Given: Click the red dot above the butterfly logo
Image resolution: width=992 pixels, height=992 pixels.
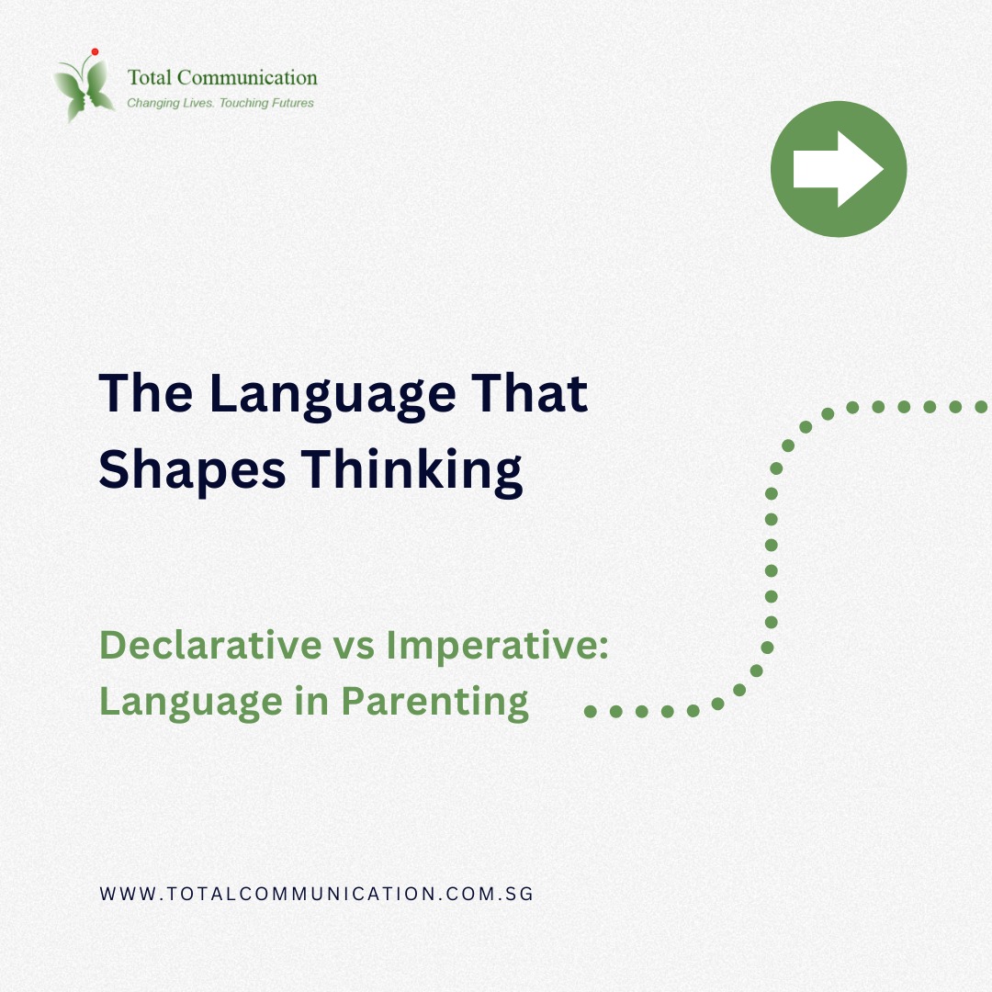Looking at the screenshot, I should pos(95,51).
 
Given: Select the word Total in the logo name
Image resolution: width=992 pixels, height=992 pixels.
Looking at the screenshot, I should pos(147,78).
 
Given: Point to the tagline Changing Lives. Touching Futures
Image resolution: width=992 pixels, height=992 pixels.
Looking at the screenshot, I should pos(220,103).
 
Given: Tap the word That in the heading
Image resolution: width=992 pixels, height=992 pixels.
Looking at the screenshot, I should pos(536,393).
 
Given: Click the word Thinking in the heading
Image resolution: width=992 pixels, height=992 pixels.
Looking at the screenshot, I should pos(414,470).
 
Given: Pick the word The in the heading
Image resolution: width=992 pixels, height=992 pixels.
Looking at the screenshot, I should pos(145,393).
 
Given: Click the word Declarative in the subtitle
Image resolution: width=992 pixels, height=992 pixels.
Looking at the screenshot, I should pos(210,645).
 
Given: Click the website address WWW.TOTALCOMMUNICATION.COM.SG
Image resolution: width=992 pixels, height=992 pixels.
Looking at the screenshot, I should pos(316,893).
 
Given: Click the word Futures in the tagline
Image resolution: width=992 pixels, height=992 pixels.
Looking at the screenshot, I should pos(287,103).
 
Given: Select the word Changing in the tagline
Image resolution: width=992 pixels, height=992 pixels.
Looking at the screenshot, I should pos(152,103).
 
